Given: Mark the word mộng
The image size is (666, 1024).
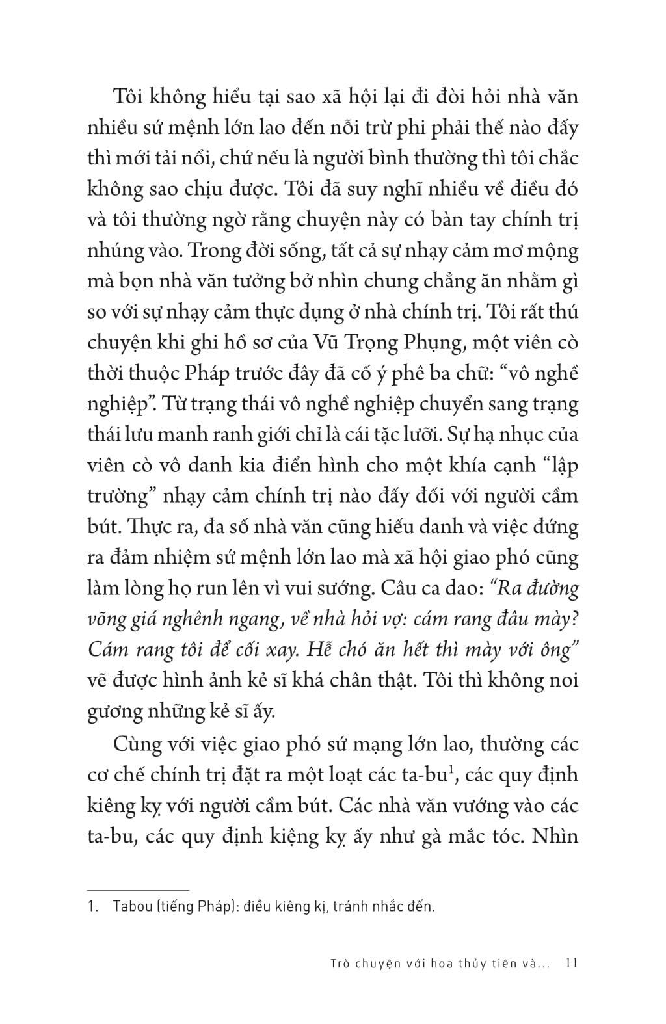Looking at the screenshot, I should [x=552, y=250].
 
